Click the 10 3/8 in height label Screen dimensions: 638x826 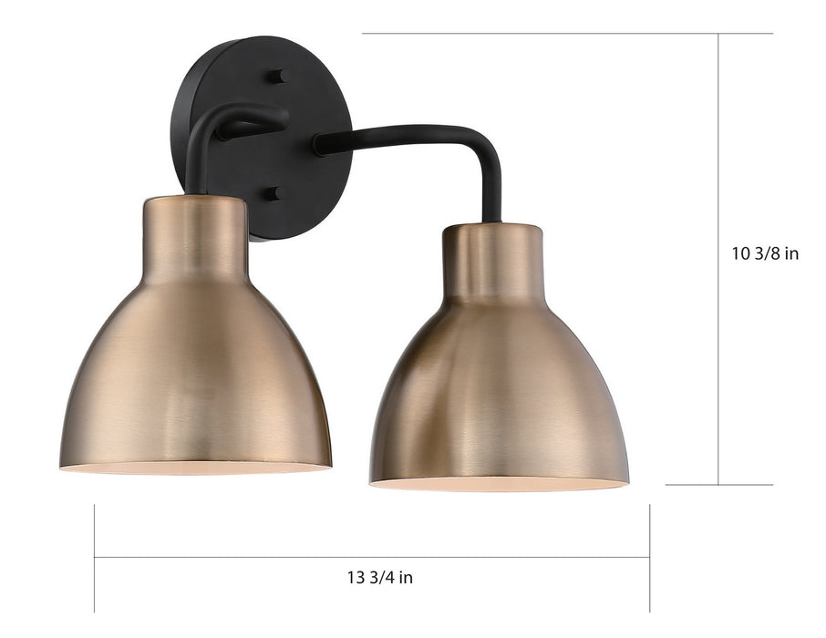tap(765, 253)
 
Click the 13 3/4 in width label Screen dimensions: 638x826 tap(379, 577)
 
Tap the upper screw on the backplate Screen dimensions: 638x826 tap(275, 77)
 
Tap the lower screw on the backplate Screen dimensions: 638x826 tap(274, 194)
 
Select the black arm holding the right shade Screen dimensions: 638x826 tap(410, 137)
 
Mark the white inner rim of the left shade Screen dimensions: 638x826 tap(195, 468)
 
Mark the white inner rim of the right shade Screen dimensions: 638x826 tap(499, 484)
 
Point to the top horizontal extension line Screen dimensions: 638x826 tap(565, 34)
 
